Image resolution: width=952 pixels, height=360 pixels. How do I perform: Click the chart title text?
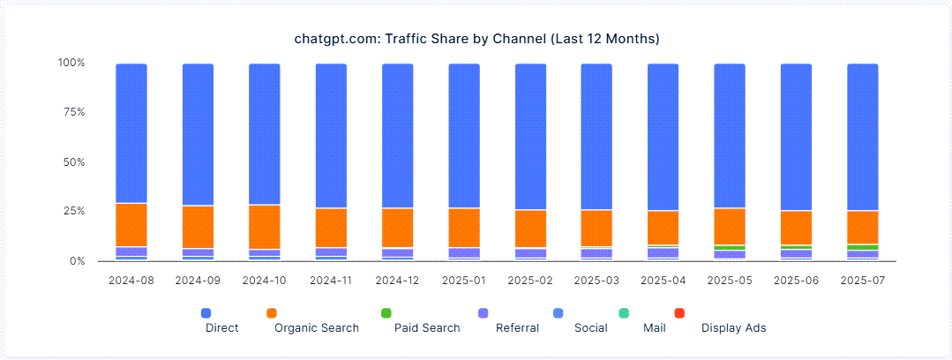(476, 39)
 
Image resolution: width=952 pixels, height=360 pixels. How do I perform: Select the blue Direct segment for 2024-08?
(131, 132)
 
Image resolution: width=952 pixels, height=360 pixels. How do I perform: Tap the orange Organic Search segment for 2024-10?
(265, 227)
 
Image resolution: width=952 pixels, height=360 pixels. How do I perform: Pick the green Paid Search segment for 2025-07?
(862, 247)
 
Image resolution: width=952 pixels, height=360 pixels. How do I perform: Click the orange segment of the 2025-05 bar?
(730, 226)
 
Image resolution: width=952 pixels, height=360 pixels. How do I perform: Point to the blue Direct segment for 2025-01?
(464, 135)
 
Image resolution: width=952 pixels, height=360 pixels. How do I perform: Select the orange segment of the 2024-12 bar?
(398, 228)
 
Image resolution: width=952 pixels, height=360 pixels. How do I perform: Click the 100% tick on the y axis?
(71, 63)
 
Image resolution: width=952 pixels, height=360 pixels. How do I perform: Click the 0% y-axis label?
(77, 261)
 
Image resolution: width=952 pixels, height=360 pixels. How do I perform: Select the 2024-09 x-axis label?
(198, 280)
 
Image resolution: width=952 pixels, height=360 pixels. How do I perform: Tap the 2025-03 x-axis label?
(596, 280)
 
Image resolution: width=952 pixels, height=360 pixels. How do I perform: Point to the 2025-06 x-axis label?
(796, 280)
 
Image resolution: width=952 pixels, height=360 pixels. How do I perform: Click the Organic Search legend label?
(317, 328)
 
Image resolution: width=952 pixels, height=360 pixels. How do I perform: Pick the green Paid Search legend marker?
(386, 313)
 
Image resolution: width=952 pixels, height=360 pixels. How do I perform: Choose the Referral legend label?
(517, 328)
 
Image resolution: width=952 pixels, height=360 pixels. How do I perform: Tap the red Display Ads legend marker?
(679, 313)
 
